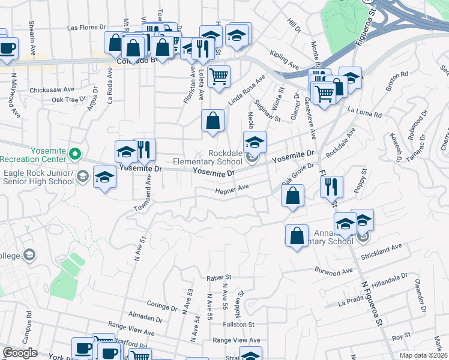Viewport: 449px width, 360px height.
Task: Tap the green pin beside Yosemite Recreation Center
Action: tap(75, 155)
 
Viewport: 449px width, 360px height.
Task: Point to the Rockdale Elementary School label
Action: tap(208, 157)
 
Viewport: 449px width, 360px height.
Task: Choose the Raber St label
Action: tap(218, 278)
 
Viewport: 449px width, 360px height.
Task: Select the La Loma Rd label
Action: tap(365, 112)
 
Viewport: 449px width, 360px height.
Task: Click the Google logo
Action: tap(20, 353)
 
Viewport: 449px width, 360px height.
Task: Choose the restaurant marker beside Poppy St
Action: tap(331, 187)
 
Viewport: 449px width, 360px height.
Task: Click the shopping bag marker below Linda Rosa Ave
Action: tap(213, 121)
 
